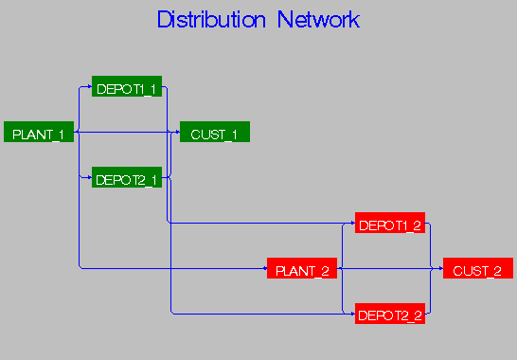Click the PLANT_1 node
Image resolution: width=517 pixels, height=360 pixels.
tap(39, 134)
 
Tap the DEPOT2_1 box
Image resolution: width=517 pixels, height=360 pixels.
tap(127, 178)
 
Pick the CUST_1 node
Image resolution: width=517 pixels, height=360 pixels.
tap(215, 134)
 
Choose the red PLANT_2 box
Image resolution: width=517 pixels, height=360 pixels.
tap(302, 270)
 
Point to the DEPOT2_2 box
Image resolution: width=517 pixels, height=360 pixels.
tap(390, 315)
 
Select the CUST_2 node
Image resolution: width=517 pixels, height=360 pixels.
tap(478, 270)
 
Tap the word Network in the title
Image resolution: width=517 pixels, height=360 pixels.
tap(318, 20)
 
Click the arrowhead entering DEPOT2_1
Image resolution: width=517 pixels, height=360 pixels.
tap(89, 178)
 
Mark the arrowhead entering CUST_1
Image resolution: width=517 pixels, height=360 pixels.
tap(177, 134)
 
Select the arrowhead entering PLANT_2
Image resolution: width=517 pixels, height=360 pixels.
tap(264, 270)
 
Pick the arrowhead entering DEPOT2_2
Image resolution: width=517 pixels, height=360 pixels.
tap(352, 315)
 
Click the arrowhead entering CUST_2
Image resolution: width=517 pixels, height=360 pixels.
tap(440, 270)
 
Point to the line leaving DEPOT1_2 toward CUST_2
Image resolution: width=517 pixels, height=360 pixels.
tap(432, 246)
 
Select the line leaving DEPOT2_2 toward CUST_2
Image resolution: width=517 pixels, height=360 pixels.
tap(432, 294)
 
